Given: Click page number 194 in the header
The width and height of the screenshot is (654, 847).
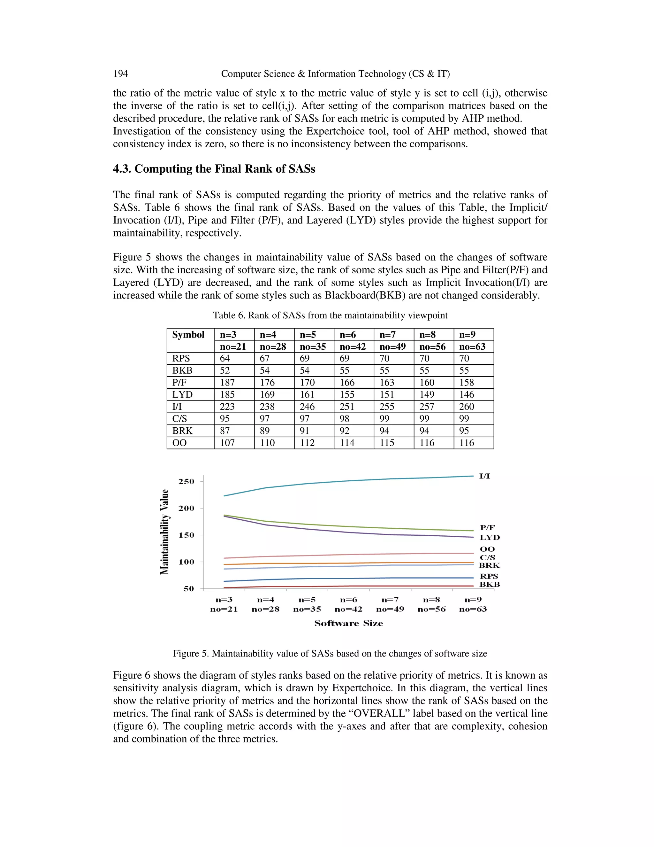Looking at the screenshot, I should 120,74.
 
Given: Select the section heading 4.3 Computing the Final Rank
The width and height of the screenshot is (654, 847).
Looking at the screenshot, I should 214,169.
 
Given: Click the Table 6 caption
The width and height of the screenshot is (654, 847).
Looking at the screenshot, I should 330,315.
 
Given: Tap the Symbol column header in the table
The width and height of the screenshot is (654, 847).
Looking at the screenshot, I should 188,335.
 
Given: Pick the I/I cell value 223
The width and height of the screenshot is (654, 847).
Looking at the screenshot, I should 227,407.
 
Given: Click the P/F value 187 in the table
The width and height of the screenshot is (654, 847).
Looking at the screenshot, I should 227,382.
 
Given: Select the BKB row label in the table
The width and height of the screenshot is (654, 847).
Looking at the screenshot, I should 182,370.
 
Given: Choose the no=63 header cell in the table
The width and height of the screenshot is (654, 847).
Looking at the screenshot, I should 472,347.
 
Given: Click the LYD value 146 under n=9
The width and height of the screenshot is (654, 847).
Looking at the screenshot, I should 467,394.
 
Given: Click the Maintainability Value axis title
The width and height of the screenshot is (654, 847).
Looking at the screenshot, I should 165,532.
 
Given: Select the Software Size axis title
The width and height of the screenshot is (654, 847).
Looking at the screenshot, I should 348,624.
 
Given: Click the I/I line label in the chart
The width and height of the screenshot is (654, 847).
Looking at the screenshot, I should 485,476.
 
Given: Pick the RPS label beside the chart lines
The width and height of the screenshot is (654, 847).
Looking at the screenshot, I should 489,576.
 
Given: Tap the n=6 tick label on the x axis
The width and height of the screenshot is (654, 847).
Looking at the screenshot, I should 348,600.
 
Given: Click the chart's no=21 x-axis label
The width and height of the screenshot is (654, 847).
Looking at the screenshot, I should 224,609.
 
